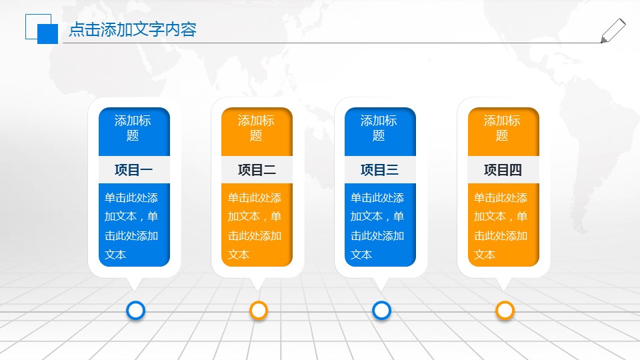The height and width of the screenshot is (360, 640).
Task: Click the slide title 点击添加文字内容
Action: (x=133, y=30)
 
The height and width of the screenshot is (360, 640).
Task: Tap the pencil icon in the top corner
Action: (x=613, y=31)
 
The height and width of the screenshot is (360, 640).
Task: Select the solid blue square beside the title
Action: (x=47, y=34)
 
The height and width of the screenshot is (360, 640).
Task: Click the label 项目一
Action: (x=134, y=170)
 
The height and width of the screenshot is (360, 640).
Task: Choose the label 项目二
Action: (x=257, y=170)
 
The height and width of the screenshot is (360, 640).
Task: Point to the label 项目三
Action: (x=379, y=170)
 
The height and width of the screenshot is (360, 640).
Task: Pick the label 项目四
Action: (x=503, y=170)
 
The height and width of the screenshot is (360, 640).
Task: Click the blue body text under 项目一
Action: (x=132, y=226)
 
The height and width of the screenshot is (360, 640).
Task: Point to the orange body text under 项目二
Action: (x=255, y=226)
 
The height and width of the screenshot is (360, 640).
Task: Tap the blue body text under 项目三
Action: (x=378, y=226)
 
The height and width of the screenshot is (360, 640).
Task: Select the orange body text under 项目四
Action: (x=501, y=226)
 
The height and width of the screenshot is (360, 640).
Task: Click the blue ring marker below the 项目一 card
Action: (x=135, y=310)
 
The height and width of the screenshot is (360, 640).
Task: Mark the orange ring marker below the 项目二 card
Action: (x=259, y=310)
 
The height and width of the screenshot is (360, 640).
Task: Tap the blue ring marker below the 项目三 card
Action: (x=381, y=310)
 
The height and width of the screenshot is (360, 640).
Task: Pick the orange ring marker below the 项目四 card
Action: (x=505, y=310)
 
